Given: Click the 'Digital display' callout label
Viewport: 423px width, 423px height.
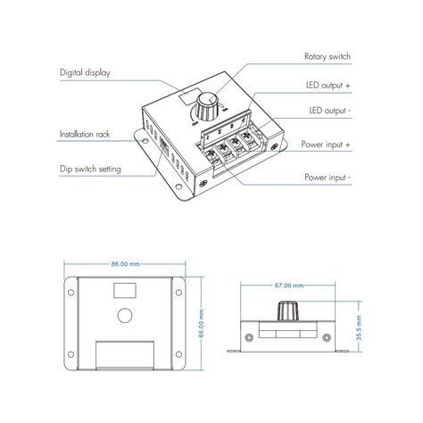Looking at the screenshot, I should pos(86,72).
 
